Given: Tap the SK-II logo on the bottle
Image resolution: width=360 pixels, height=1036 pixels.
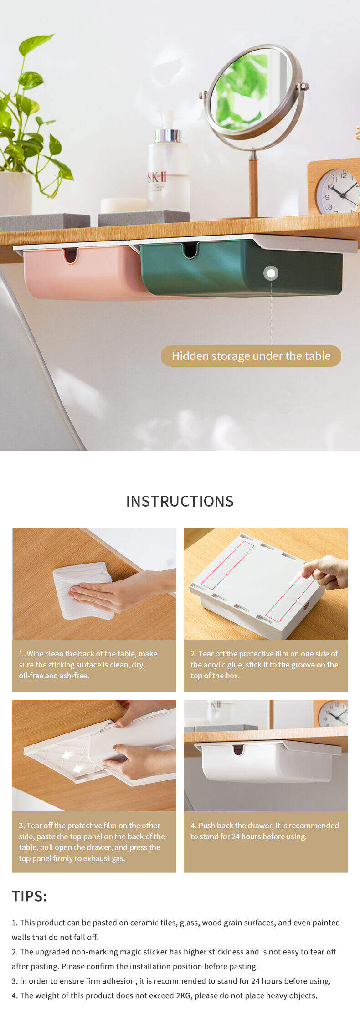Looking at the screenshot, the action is click(x=157, y=177).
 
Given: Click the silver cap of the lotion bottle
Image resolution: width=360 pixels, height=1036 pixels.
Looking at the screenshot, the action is click(x=167, y=135).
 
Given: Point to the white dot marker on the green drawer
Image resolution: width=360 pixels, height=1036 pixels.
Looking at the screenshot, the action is click(x=271, y=273).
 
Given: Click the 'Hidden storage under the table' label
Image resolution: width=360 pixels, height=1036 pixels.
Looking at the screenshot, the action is click(x=251, y=356).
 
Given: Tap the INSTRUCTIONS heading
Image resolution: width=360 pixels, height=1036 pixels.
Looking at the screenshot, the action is click(x=180, y=501).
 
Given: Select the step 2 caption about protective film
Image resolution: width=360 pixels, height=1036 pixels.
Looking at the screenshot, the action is click(x=264, y=665).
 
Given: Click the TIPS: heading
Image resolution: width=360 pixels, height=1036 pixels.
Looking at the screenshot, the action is click(x=29, y=896).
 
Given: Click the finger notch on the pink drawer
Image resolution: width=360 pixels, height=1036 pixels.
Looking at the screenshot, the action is click(x=71, y=256).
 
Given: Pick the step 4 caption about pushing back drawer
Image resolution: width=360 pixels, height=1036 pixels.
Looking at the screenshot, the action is click(x=265, y=831).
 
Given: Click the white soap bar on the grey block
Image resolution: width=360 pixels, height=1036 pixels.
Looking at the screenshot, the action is click(x=123, y=205).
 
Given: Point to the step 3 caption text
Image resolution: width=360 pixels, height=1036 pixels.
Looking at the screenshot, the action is click(x=92, y=842).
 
